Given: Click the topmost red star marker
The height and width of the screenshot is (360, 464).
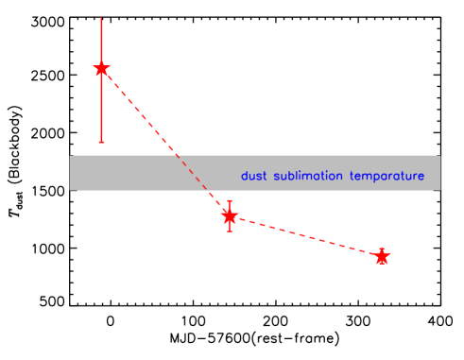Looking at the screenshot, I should pyautogui.click(x=101, y=69).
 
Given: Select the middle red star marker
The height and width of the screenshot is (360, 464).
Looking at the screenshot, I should pyautogui.click(x=229, y=216).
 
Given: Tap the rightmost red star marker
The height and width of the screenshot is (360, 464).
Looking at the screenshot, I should pyautogui.click(x=382, y=256).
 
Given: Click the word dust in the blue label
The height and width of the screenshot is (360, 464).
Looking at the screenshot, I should pyautogui.click(x=253, y=176).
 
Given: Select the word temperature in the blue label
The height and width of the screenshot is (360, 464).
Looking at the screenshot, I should pyautogui.click(x=387, y=177).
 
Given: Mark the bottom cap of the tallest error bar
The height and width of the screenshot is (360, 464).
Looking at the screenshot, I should pyautogui.click(x=101, y=142).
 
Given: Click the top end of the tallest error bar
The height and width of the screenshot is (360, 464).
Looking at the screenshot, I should pyautogui.click(x=101, y=18).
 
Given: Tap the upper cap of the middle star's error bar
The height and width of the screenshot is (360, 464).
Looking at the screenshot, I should pyautogui.click(x=229, y=201).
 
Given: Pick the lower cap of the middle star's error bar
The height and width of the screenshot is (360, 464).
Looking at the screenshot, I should pyautogui.click(x=229, y=231).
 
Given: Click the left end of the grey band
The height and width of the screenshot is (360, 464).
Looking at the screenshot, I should pyautogui.click(x=72, y=173).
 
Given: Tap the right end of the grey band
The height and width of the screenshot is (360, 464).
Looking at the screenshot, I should pyautogui.click(x=438, y=173).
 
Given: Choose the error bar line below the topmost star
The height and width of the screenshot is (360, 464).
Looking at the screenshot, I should pyautogui.click(x=101, y=109).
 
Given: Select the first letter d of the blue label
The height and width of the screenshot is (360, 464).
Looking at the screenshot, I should pyautogui.click(x=244, y=176).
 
